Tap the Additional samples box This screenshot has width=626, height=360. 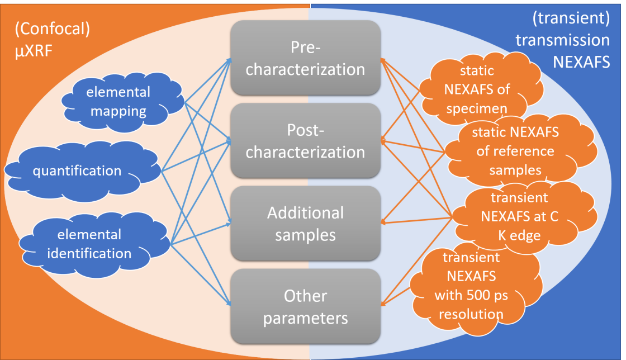(x=305, y=223)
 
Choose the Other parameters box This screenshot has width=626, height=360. (x=305, y=306)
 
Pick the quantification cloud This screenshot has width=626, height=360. (x=77, y=170)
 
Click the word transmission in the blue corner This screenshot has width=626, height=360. (x=562, y=40)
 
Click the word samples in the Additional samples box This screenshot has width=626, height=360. (x=305, y=234)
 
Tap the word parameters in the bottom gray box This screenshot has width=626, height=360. (x=305, y=318)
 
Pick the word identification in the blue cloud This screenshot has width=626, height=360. (x=89, y=253)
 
